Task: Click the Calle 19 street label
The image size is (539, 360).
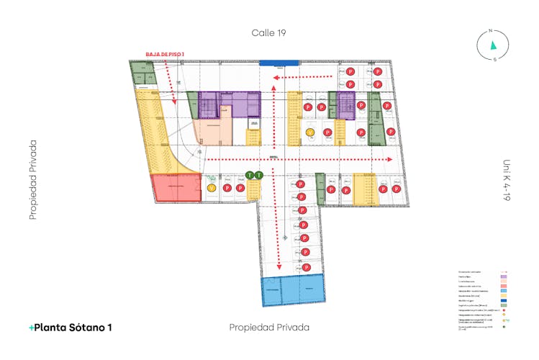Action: click(269, 32)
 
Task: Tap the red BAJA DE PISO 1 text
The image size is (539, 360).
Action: click(165, 54)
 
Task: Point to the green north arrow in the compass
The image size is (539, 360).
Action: click(493, 45)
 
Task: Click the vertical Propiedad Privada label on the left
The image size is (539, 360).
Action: click(33, 179)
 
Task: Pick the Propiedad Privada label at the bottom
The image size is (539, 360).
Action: click(269, 327)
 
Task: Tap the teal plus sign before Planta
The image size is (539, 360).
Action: click(31, 328)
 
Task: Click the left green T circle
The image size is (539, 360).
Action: click(249, 175)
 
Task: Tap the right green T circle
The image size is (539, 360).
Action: click(257, 175)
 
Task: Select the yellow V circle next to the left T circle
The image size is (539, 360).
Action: click(212, 188)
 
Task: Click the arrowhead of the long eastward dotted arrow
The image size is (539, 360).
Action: click(391, 159)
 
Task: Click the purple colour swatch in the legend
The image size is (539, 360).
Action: click(503, 276)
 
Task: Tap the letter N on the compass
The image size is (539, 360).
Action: click(490, 30)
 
